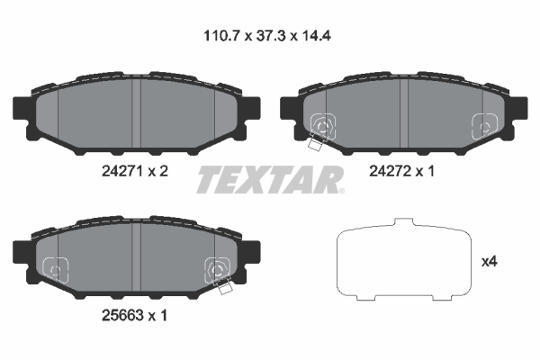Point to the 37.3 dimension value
point(269,38)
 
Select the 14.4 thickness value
point(322,38)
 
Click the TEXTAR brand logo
point(267,179)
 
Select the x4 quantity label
point(490,262)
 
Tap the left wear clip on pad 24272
point(321,129)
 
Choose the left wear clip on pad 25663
point(56,267)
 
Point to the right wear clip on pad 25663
point(217,269)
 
